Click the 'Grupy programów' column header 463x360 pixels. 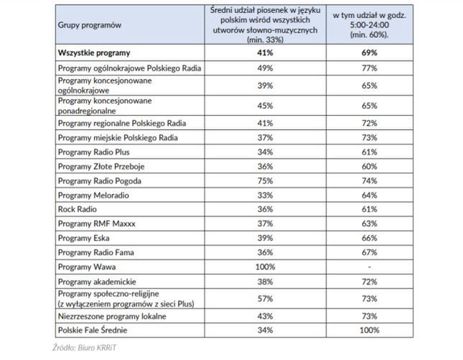tap(90, 25)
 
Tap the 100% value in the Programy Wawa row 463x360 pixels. tap(265, 266)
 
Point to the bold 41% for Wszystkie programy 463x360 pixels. tap(265, 52)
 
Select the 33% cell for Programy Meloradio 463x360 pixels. tap(265, 195)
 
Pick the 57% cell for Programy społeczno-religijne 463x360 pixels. tap(265, 297)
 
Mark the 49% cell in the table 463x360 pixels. tap(265, 68)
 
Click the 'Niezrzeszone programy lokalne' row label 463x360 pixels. tap(115, 315)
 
